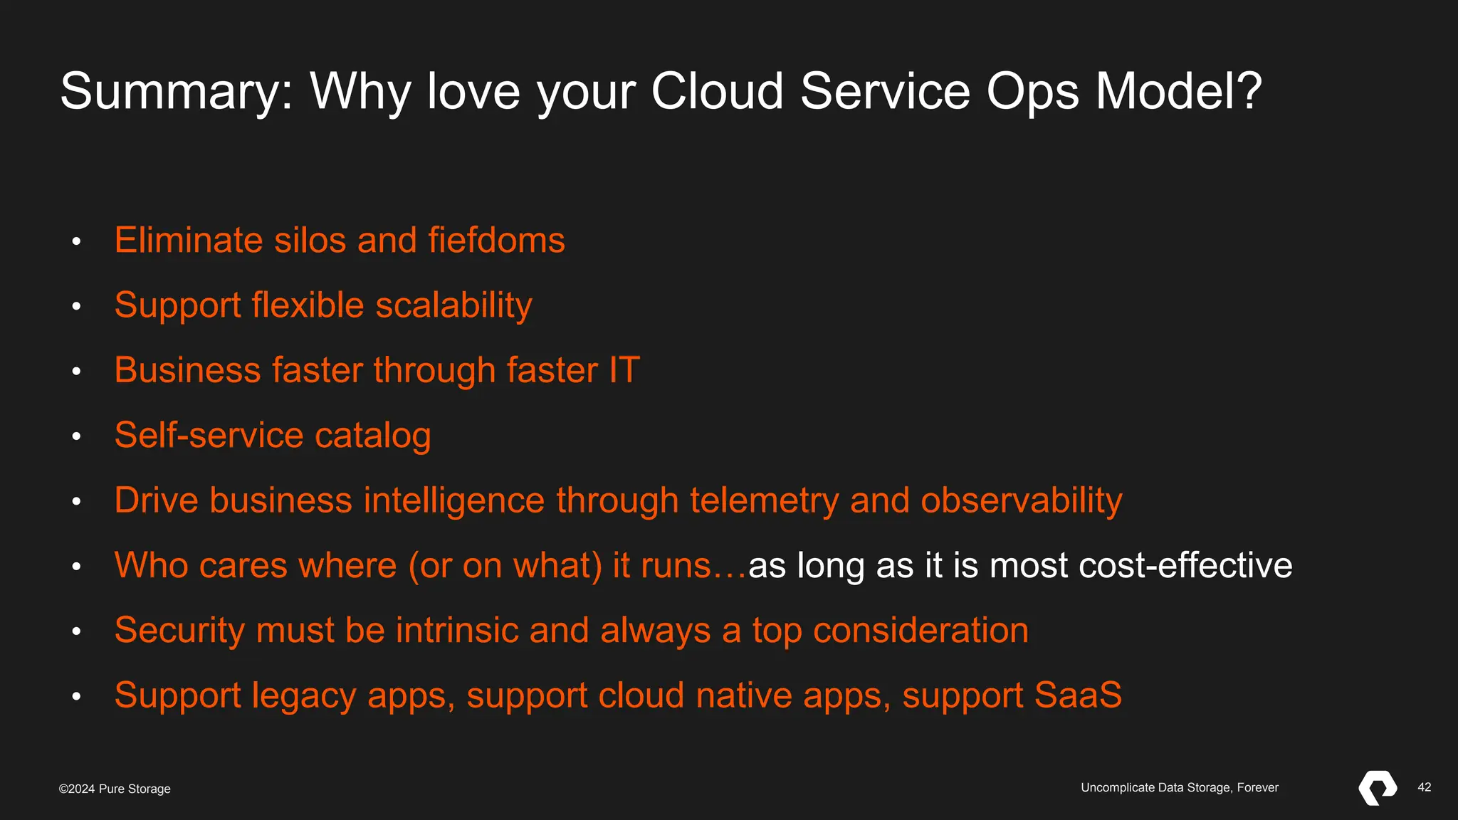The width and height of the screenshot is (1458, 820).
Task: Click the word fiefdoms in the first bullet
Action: pyautogui.click(x=496, y=240)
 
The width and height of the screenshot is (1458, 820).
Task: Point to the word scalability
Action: pyautogui.click(x=453, y=305)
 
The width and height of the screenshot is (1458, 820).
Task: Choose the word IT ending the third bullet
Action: pyautogui.click(x=624, y=370)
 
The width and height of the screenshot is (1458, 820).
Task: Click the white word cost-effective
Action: pyautogui.click(x=1185, y=565)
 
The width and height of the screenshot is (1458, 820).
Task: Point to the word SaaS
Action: pyautogui.click(x=1078, y=695)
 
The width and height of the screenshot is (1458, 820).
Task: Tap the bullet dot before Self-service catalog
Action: pyautogui.click(x=76, y=436)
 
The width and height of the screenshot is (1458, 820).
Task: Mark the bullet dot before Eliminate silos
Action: pyautogui.click(x=76, y=241)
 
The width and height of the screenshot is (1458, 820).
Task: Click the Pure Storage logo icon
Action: pyautogui.click(x=1378, y=788)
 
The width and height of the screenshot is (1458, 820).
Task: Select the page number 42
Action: pyautogui.click(x=1424, y=787)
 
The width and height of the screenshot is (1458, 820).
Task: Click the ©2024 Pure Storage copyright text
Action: pyautogui.click(x=115, y=789)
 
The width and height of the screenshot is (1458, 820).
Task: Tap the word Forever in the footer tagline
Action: pyautogui.click(x=1257, y=787)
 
